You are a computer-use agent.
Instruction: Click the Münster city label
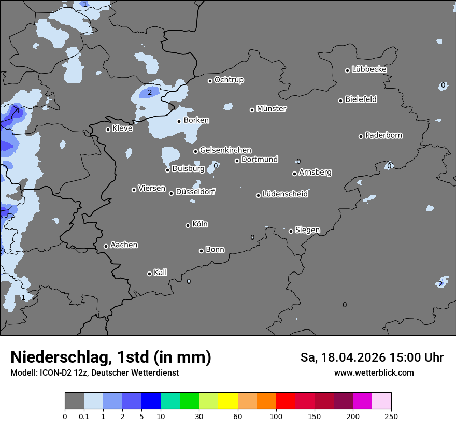coord(272,109)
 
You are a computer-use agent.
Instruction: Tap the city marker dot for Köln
coord(188,225)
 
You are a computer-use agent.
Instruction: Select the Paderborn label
coord(384,135)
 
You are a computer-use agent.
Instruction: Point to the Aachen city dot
coord(106,246)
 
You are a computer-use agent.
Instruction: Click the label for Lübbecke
coord(369,69)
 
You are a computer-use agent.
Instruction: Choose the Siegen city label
coord(307,230)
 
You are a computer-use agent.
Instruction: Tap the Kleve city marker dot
coord(108,130)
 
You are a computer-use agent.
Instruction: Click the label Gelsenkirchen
coord(225,150)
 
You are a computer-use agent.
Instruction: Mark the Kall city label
coord(161,273)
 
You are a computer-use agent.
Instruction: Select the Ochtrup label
coord(229,80)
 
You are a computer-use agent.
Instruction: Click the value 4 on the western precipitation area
coord(18,110)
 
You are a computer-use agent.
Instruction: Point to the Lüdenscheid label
coord(285,194)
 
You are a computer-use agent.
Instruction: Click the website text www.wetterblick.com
coord(374,372)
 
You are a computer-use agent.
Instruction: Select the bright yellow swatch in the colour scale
coord(228,401)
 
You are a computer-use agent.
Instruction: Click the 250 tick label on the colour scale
coord(391,415)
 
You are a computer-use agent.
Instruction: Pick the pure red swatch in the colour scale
coord(286,401)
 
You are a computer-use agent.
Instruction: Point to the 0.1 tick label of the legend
coord(84,415)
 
